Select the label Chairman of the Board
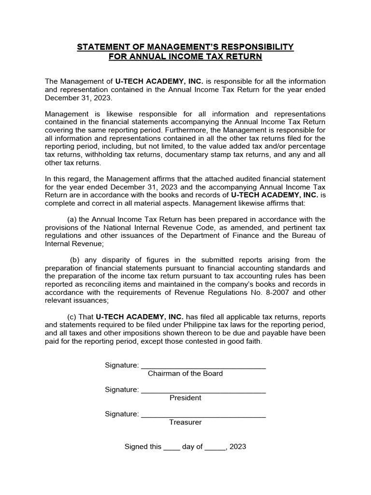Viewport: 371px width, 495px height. point(185,373)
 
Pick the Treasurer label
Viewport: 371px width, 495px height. point(185,422)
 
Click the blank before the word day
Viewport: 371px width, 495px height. point(171,448)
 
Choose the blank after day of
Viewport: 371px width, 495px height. point(215,448)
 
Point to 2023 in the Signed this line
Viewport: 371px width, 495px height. point(238,447)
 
